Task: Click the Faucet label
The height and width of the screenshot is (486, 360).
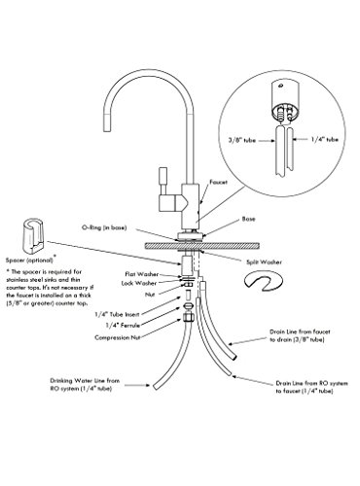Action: pyautogui.click(x=218, y=182)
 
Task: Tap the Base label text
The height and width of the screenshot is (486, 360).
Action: pyautogui.click(x=248, y=219)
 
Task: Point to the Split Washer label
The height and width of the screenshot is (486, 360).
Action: pyautogui.click(x=264, y=261)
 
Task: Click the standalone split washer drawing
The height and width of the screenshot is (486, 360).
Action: pyautogui.click(x=263, y=281)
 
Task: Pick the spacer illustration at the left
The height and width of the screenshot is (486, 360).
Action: pyautogui.click(x=33, y=235)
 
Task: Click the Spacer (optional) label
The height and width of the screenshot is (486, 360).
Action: pyautogui.click(x=29, y=260)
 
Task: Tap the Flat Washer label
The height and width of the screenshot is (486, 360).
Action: pyautogui.click(x=142, y=274)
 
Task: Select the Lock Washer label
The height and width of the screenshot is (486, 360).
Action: pyautogui.click(x=139, y=283)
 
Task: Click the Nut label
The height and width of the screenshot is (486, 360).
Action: pyautogui.click(x=150, y=295)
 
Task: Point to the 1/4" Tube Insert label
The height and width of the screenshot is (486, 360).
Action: pyautogui.click(x=117, y=314)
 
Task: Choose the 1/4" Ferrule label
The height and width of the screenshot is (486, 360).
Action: pyautogui.click(x=123, y=325)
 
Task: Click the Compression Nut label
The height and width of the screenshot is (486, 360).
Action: pyautogui.click(x=118, y=337)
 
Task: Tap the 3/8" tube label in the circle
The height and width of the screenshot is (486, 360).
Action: pyautogui.click(x=241, y=141)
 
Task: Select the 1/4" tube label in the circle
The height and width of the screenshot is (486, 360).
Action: pyautogui.click(x=325, y=140)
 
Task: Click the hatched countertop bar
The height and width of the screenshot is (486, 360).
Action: pyautogui.click(x=202, y=246)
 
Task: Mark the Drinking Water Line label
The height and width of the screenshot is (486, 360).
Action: pyautogui.click(x=85, y=385)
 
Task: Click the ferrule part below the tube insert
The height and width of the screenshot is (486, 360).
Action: pyautogui.click(x=189, y=306)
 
